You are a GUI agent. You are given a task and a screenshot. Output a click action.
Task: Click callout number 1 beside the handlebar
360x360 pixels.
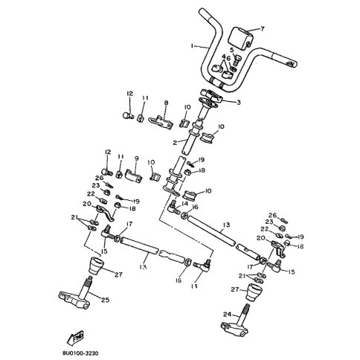(x=192, y=45)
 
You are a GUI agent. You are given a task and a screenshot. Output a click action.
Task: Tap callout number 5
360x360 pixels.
(x=232, y=50)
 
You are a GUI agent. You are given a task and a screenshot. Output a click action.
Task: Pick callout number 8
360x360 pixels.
(x=165, y=103)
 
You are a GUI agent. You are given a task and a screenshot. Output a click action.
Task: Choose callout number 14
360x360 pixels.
(x=185, y=203)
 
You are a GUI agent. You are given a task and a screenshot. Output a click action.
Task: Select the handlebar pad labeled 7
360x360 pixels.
(x=244, y=36)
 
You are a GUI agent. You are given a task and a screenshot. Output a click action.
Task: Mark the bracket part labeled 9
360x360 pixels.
(x=129, y=174)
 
